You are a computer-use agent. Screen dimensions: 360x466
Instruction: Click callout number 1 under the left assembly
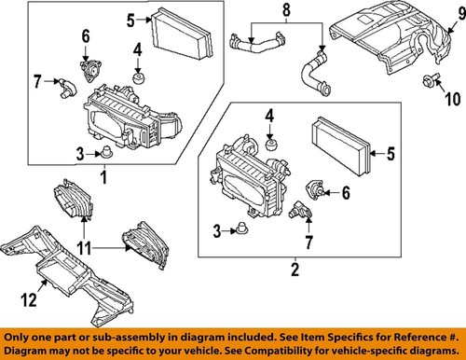(x=103, y=175)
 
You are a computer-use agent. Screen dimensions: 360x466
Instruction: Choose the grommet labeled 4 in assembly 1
(x=137, y=76)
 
